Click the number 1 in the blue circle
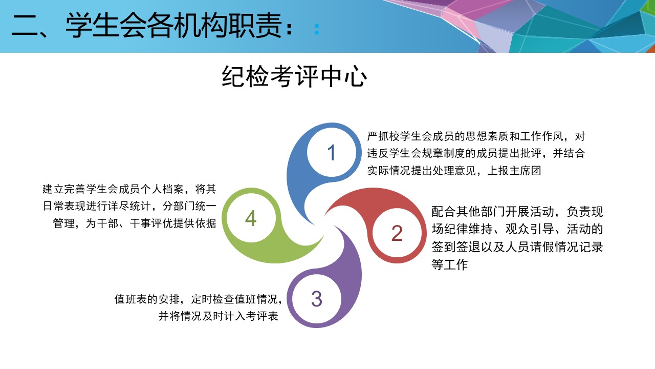[x=331, y=153]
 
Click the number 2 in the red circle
[x=397, y=233]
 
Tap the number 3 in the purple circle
[x=317, y=299]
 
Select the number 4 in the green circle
[x=251, y=218]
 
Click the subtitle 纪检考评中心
[x=294, y=76]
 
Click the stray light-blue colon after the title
[x=317, y=29]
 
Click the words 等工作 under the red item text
[x=450, y=264]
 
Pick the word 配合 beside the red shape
[x=444, y=212]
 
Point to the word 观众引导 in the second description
[x=530, y=229]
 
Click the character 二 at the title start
[x=25, y=26]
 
